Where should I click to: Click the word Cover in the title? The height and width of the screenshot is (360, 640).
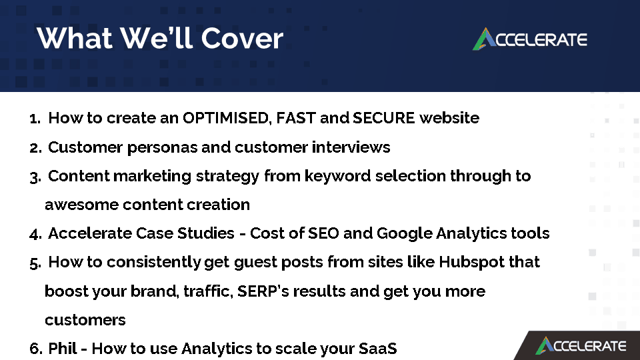pos(242,39)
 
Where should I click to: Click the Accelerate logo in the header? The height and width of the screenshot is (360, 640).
pos(530,39)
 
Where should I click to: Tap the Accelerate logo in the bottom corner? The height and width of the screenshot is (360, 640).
pos(581,346)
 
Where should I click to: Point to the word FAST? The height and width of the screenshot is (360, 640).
pos(296,118)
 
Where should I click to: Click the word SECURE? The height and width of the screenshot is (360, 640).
pos(384,118)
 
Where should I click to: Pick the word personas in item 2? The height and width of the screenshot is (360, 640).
pos(163,148)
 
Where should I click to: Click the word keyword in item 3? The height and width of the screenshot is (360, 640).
pos(337,176)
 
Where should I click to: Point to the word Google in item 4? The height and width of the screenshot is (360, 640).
pos(404,233)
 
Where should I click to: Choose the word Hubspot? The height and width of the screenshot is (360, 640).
pos(472,262)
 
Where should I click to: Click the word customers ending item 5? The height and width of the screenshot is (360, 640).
pos(85,320)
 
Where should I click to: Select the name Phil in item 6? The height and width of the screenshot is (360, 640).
pos(63,349)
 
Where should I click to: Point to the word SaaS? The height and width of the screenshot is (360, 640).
pos(377,349)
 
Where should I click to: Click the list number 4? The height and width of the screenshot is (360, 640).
pos(35,234)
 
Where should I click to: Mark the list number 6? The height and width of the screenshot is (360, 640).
pos(35,349)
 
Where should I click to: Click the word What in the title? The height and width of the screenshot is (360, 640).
pos(75,39)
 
